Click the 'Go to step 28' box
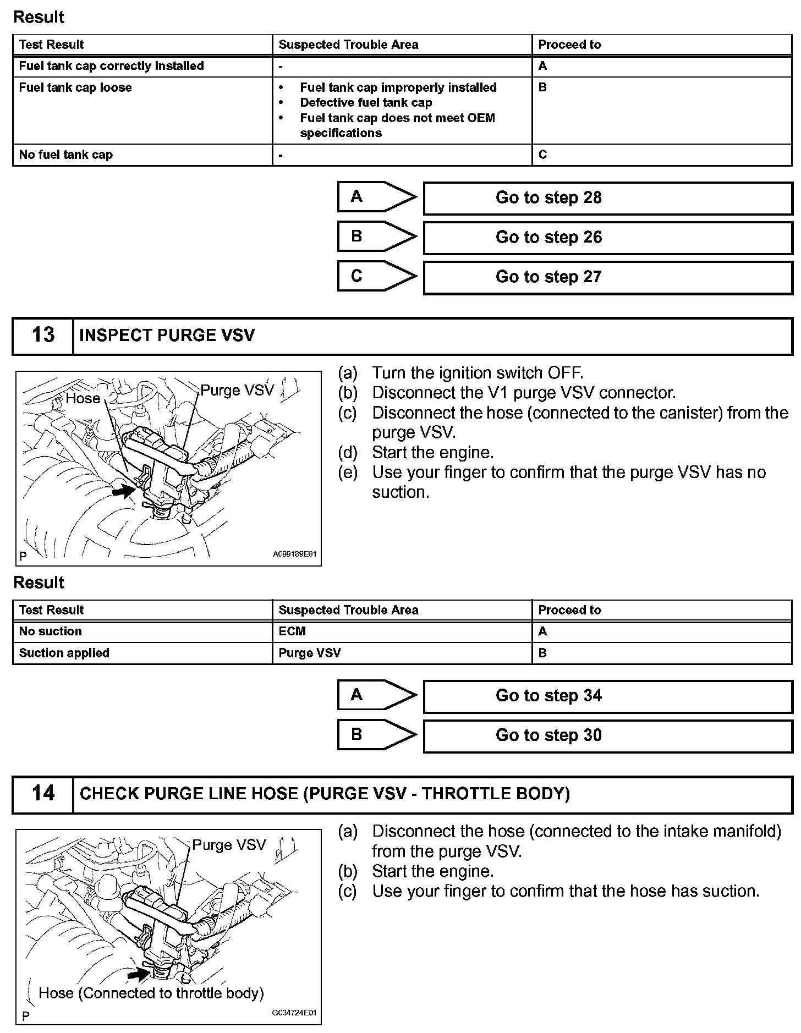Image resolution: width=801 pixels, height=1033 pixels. pyautogui.click(x=607, y=198)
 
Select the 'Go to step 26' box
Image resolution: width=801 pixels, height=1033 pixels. pyautogui.click(x=607, y=238)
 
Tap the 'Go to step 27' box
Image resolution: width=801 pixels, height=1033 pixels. pyautogui.click(x=607, y=277)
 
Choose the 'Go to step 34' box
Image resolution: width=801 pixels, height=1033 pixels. pyautogui.click(x=607, y=696)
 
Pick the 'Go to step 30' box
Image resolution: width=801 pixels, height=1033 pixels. pyautogui.click(x=607, y=735)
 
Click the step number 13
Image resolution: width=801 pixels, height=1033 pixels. pyautogui.click(x=43, y=336)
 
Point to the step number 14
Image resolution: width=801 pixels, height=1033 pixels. pyautogui.click(x=43, y=794)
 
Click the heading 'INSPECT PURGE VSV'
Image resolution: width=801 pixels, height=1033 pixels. pyautogui.click(x=167, y=336)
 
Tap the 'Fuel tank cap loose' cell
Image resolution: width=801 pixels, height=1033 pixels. pyautogui.click(x=75, y=88)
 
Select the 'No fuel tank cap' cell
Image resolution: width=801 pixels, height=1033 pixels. pyautogui.click(x=66, y=155)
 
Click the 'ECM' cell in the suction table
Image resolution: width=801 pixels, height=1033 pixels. pyautogui.click(x=292, y=631)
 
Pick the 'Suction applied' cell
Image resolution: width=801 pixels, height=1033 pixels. pyautogui.click(x=64, y=653)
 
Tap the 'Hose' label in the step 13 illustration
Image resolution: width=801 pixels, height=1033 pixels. pyautogui.click(x=83, y=399)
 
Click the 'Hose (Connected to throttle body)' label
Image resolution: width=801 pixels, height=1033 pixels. pyautogui.click(x=151, y=993)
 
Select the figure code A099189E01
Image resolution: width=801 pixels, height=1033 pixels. pyautogui.click(x=294, y=554)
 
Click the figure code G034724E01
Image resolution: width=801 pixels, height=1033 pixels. pyautogui.click(x=294, y=1013)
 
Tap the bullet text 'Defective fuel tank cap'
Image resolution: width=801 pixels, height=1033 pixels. pyautogui.click(x=366, y=103)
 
